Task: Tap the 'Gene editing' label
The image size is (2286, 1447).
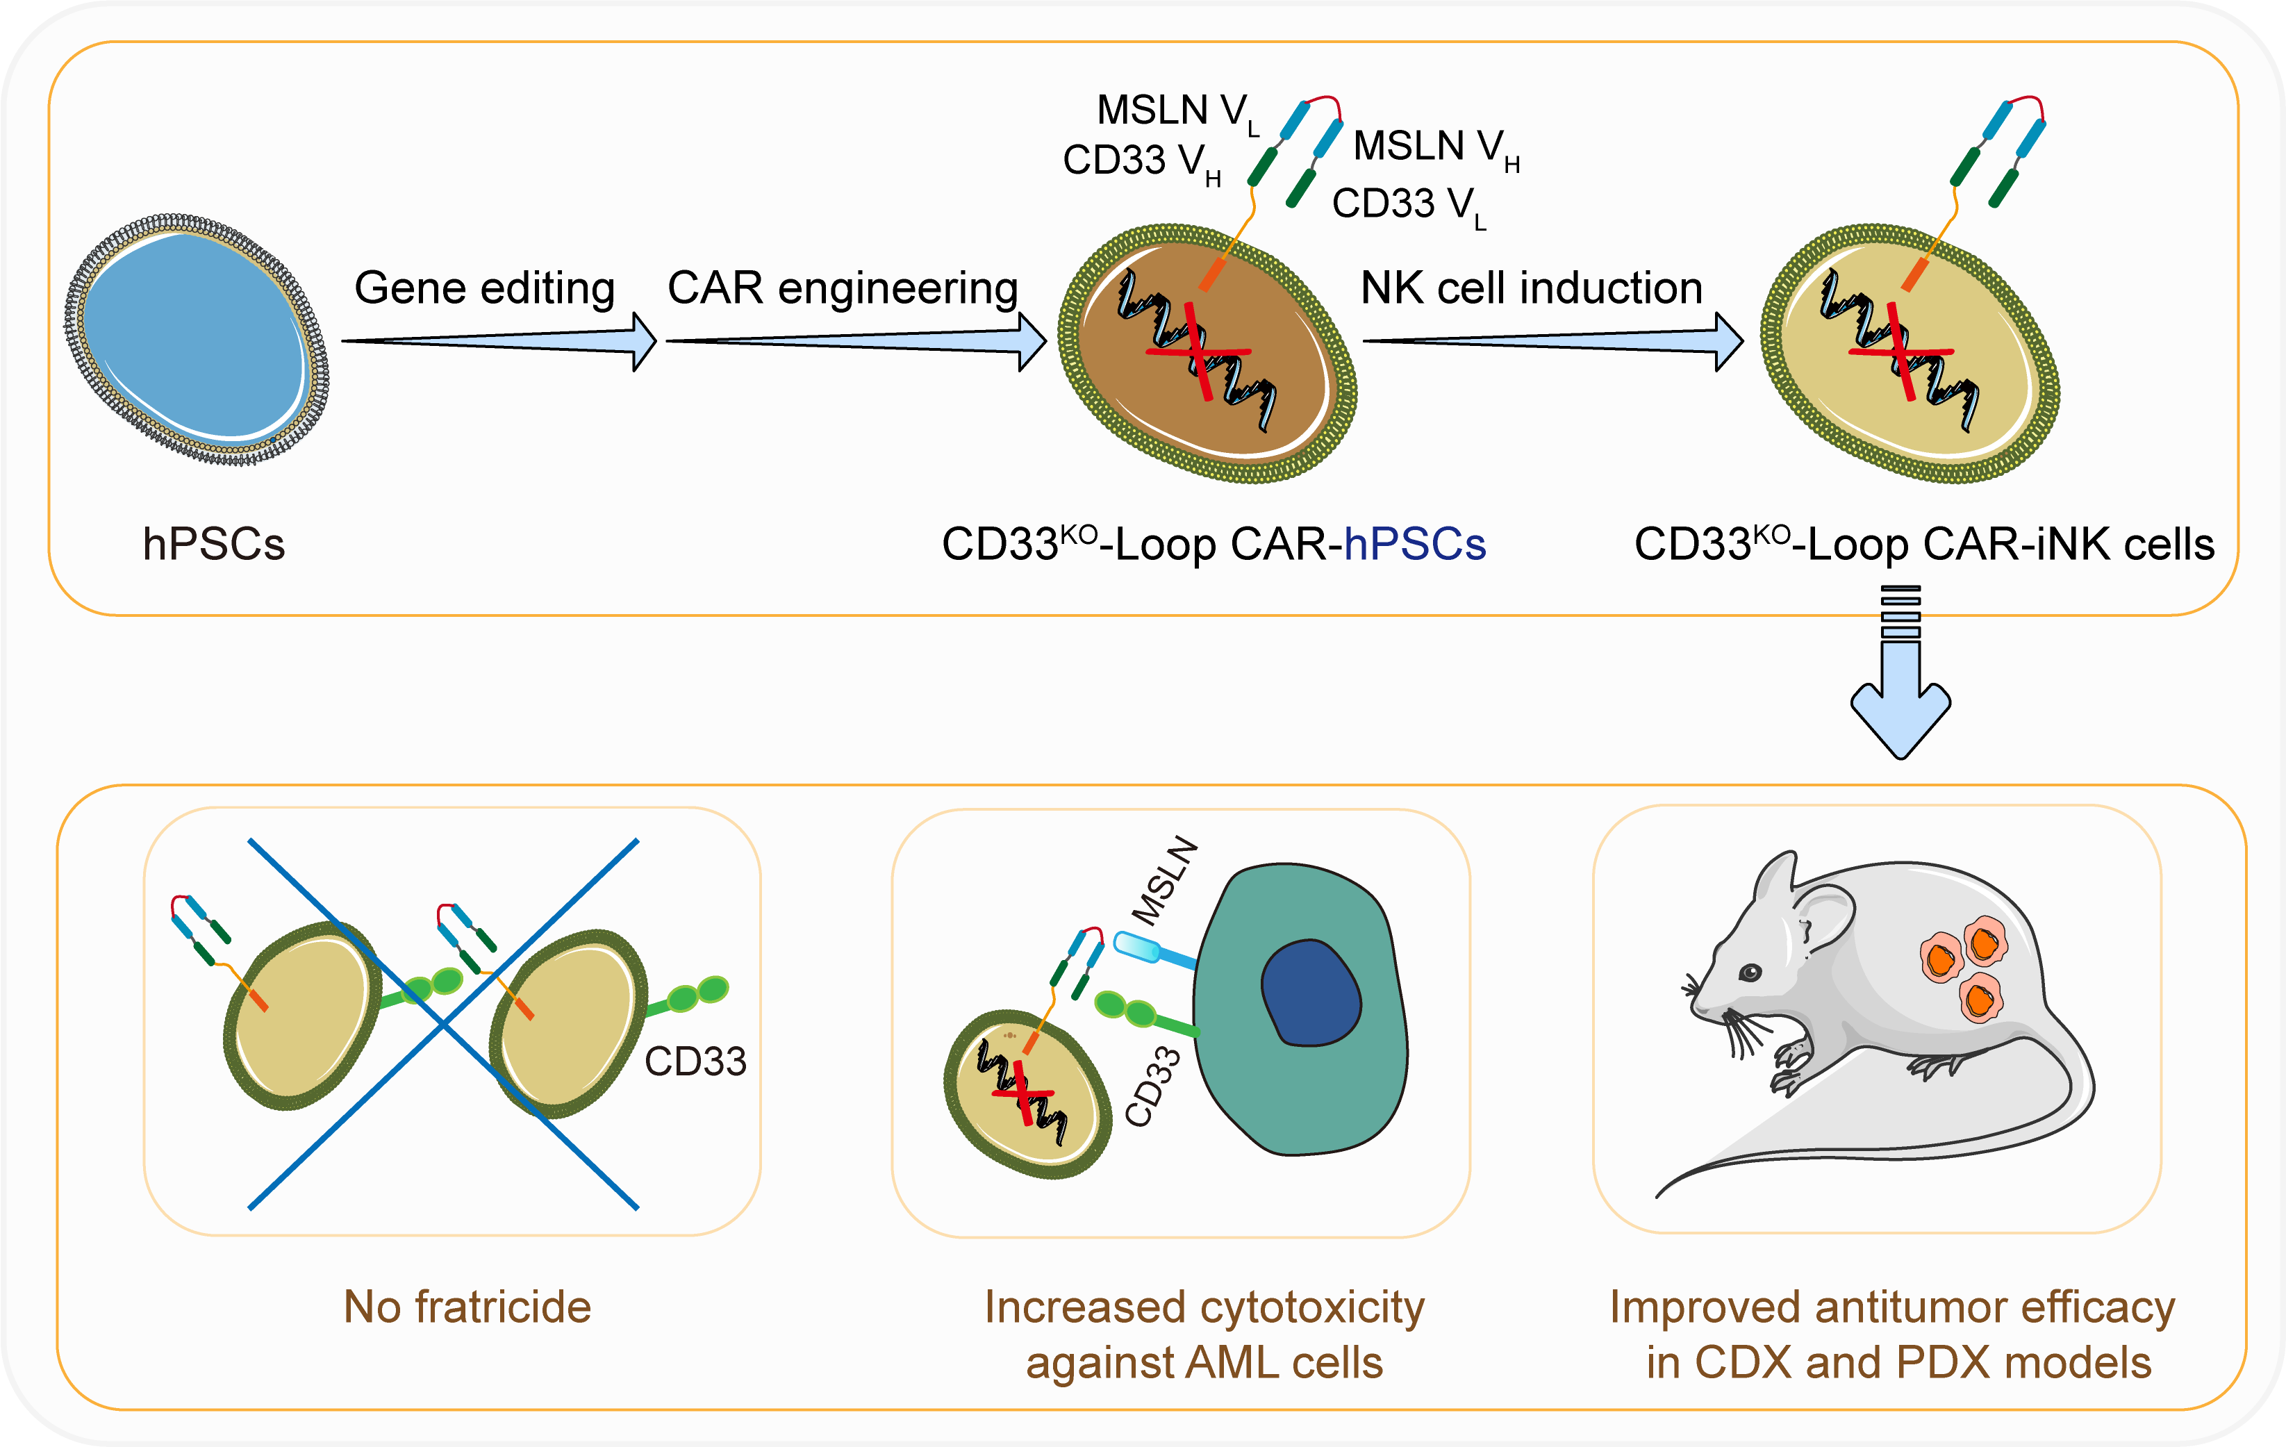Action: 484,288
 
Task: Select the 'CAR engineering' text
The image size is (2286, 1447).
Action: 842,288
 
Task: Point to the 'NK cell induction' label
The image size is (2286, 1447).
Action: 1530,288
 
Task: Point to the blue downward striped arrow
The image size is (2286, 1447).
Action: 1900,674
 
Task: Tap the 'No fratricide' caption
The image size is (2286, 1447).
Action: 467,1307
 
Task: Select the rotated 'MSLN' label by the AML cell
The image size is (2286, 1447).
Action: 1166,880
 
